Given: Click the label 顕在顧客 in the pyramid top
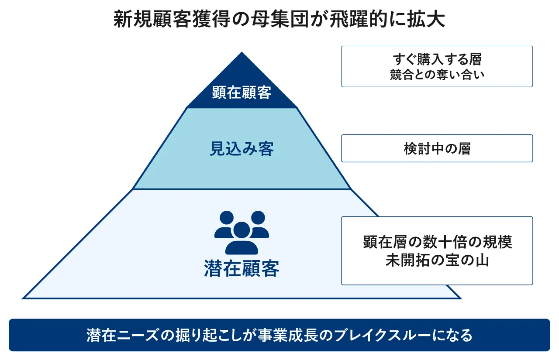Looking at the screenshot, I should click(x=242, y=93).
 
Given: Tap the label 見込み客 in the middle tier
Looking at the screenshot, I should click(x=242, y=149).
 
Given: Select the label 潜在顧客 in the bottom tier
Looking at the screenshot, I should click(x=242, y=268).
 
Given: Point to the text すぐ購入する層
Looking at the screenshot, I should click(x=437, y=59).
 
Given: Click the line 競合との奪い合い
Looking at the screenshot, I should click(x=437, y=75).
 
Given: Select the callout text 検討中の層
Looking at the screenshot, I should click(x=437, y=149).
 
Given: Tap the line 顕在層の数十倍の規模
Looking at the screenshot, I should click(x=437, y=242).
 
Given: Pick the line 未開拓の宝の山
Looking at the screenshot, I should click(x=437, y=261).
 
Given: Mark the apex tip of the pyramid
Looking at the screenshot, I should click(x=242, y=53).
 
